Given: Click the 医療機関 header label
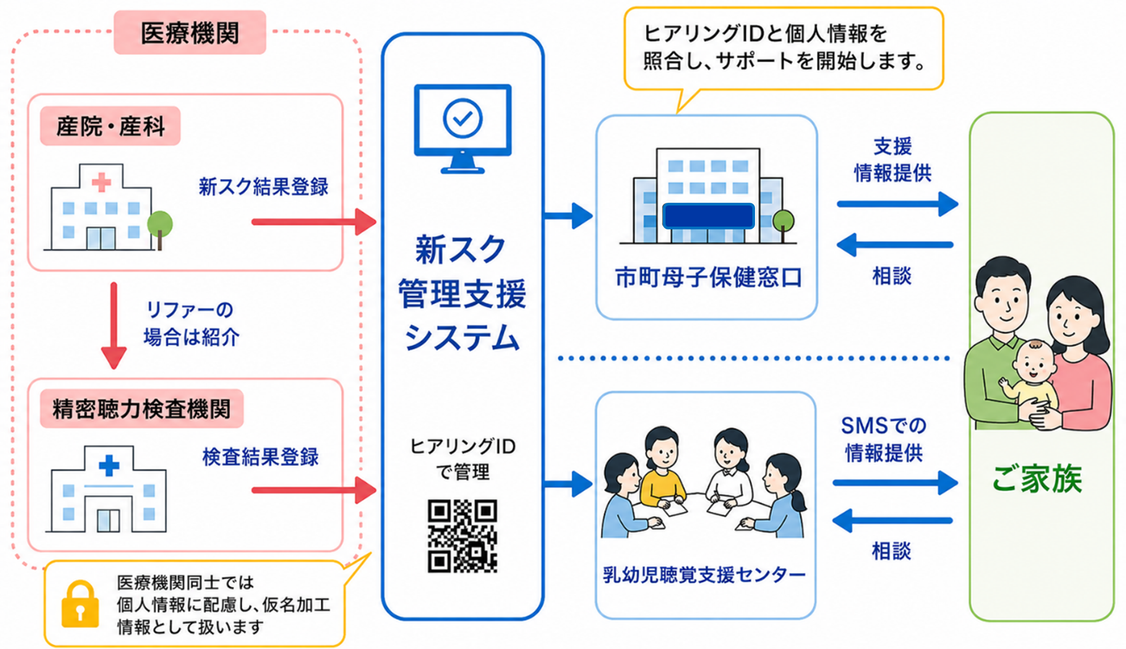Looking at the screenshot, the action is (x=190, y=33).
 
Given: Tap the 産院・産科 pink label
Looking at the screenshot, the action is (x=110, y=126).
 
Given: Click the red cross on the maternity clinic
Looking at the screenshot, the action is (x=101, y=182).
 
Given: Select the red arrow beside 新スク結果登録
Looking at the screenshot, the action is (x=314, y=221).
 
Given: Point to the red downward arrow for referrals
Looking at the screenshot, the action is (x=114, y=325).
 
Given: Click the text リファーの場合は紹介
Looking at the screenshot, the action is (x=191, y=324).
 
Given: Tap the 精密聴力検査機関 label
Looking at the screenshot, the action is (x=142, y=409).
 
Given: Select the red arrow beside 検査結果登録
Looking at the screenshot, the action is (x=314, y=490).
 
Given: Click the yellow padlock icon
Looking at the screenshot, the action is (x=80, y=604).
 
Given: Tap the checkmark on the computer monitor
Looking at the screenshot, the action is (x=463, y=118).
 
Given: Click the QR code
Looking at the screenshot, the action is (x=462, y=536).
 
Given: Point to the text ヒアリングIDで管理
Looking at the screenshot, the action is (x=463, y=459).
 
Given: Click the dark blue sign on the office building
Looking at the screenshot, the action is (x=708, y=216).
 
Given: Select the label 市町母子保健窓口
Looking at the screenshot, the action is (x=708, y=277).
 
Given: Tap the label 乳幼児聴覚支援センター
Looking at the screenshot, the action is (x=704, y=575).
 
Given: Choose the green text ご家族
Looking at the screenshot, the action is (x=1037, y=479).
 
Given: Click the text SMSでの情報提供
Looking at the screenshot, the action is (x=884, y=439).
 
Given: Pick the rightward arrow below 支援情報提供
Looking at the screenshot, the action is (x=898, y=204).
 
